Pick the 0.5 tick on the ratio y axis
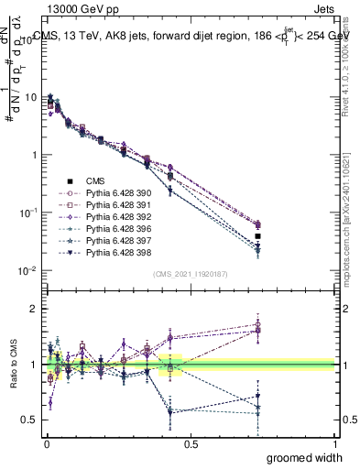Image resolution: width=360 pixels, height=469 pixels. point(30,420)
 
